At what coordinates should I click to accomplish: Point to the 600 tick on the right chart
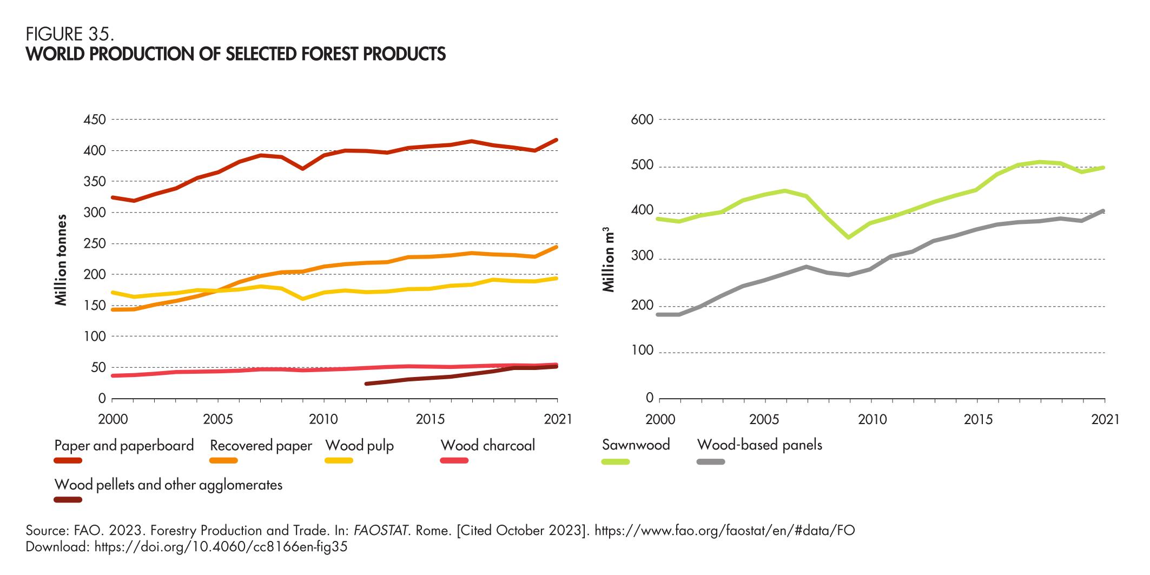pyautogui.click(x=642, y=119)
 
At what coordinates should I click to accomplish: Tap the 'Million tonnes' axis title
pyautogui.click(x=61, y=260)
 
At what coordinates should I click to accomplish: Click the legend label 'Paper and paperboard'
pyautogui.click(x=124, y=445)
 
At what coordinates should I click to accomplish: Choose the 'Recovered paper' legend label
pyautogui.click(x=261, y=445)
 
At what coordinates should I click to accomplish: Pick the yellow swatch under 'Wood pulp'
pyautogui.click(x=339, y=460)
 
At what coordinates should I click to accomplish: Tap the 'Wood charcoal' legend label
pyautogui.click(x=487, y=445)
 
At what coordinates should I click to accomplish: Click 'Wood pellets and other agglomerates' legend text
pyautogui.click(x=168, y=484)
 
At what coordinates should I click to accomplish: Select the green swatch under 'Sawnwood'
pyautogui.click(x=616, y=461)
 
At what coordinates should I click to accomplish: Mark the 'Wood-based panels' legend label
pyautogui.click(x=759, y=445)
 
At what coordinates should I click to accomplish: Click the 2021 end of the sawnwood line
pyautogui.click(x=1104, y=168)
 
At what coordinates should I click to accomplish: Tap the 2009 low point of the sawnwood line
pyautogui.click(x=849, y=237)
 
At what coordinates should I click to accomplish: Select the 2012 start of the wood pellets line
pyautogui.click(x=367, y=384)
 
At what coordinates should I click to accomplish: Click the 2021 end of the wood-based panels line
pyautogui.click(x=1104, y=211)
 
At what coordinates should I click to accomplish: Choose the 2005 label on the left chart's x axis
pyautogui.click(x=217, y=420)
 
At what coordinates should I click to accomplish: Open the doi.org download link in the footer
pyautogui.click(x=221, y=547)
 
